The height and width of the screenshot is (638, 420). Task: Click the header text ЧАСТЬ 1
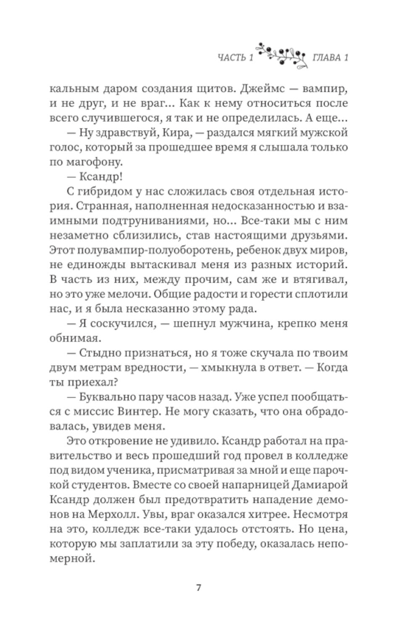[236, 58]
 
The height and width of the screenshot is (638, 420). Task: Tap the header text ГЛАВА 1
[331, 58]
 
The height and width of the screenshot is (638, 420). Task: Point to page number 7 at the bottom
[199, 588]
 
